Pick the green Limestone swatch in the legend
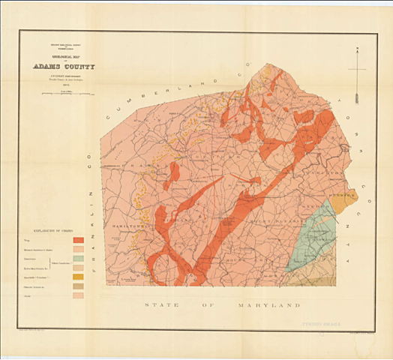pyautogui.click(x=78, y=258)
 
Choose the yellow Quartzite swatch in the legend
pyautogui.click(x=78, y=277)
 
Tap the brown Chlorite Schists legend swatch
pyautogui.click(x=78, y=286)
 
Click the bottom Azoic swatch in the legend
pyautogui.click(x=78, y=296)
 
